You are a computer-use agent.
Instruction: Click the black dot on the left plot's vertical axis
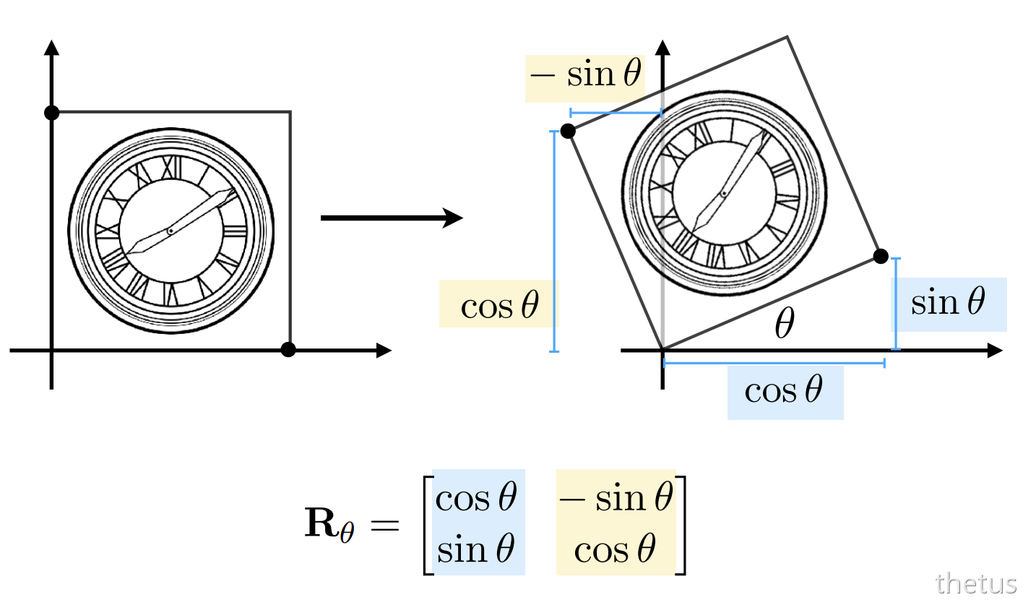[51, 113]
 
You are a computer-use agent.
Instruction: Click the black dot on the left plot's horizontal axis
[288, 350]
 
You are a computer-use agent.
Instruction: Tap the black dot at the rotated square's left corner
[568, 131]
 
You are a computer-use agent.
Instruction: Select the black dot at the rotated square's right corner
[881, 256]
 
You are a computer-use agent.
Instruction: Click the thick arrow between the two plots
[392, 218]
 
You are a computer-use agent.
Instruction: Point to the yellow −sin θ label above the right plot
[585, 74]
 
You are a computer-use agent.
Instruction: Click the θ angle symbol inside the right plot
[785, 322]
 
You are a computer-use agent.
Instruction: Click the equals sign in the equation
[384, 526]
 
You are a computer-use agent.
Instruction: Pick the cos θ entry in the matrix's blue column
[476, 497]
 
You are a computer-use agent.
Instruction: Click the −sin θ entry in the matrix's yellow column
[616, 497]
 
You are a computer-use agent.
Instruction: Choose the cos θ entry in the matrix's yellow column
[615, 549]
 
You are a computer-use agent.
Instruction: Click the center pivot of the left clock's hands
[170, 231]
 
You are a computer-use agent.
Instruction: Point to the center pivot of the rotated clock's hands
[724, 193]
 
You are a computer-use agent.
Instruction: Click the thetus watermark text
[975, 584]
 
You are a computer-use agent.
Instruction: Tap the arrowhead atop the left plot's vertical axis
[51, 48]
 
